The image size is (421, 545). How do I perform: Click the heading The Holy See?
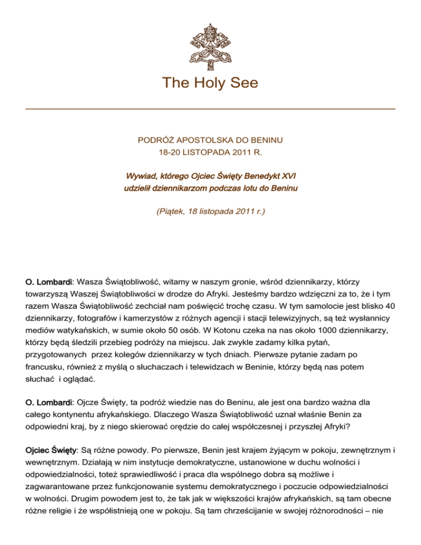coord(210,83)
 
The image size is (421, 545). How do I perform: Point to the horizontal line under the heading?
coord(210,109)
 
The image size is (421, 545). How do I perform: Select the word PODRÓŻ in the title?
coord(155,141)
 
